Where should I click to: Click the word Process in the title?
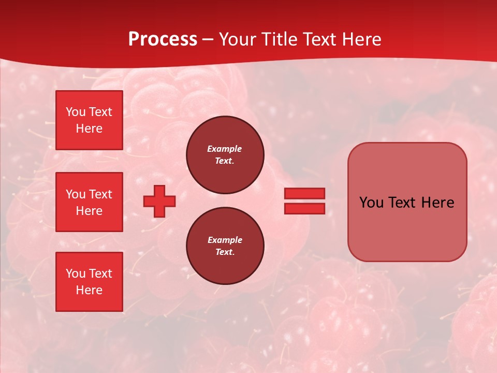(163, 39)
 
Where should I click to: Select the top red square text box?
(89, 120)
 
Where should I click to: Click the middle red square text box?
(89, 202)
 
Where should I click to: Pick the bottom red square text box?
(89, 282)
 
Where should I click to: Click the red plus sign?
(159, 201)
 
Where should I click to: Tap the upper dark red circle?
(225, 155)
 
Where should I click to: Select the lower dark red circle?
(225, 246)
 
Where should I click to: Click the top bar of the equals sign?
(304, 193)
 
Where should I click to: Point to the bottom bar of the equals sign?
(304, 208)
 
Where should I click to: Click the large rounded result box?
(407, 202)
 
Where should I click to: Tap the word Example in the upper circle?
(225, 149)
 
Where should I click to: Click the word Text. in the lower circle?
(225, 252)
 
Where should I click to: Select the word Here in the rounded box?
(437, 203)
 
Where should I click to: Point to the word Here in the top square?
(89, 128)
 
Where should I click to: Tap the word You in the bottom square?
(76, 274)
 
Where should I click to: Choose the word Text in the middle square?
(100, 194)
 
